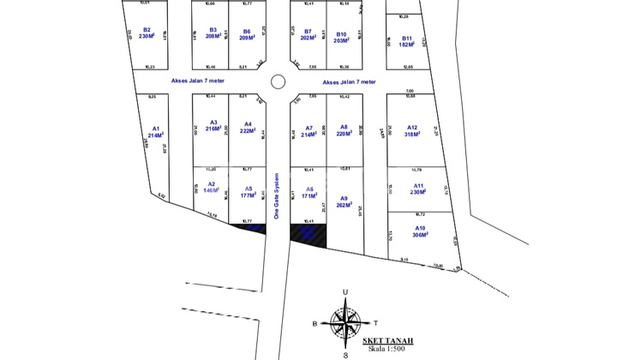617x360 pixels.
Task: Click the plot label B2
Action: (x=147, y=30)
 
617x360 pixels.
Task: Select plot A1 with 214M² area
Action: (x=155, y=132)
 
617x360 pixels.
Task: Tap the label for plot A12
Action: (x=412, y=126)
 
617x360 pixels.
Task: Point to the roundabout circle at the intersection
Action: (x=278, y=82)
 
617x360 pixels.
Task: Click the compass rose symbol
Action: (x=345, y=324)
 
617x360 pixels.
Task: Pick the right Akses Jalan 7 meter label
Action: (x=345, y=82)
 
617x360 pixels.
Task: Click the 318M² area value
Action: (x=412, y=134)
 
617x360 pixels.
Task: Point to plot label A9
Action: (x=344, y=198)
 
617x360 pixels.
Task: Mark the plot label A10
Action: (x=419, y=228)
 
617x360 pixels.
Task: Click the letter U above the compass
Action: (x=344, y=293)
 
